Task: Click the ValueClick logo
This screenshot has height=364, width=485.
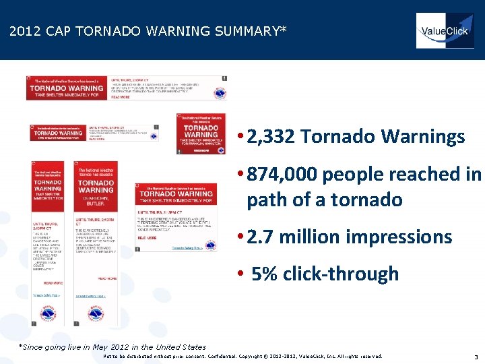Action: click(445, 30)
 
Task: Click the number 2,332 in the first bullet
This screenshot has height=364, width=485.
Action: click(271, 137)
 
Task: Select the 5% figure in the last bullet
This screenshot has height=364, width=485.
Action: click(265, 274)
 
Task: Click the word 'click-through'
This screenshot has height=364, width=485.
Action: click(341, 274)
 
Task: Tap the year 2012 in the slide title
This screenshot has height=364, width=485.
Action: click(24, 31)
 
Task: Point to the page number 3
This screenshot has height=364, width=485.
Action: click(476, 357)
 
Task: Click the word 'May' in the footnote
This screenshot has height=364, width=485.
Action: click(100, 346)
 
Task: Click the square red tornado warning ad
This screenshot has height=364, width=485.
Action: click(201, 134)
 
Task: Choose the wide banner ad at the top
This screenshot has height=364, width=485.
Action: click(126, 88)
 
